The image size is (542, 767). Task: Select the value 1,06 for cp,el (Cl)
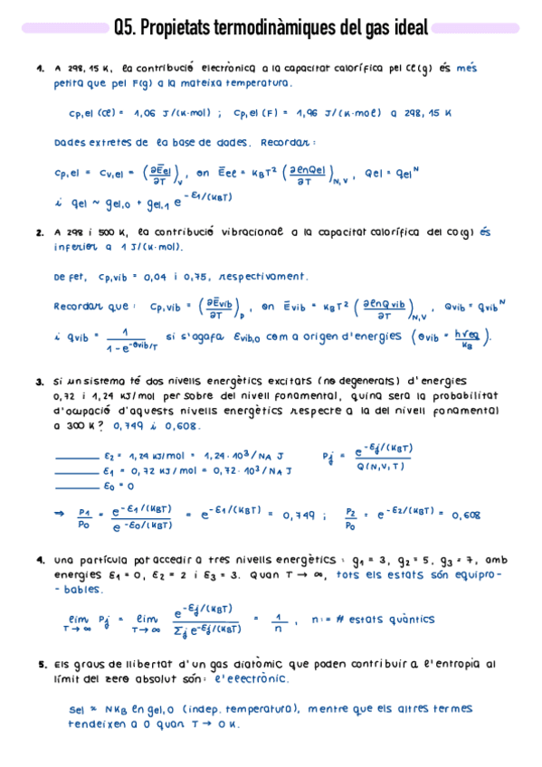[x=145, y=114]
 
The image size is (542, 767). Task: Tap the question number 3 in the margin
[x=41, y=381]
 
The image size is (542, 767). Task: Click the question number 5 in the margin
[x=41, y=664]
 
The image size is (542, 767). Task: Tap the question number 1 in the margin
[x=41, y=68]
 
